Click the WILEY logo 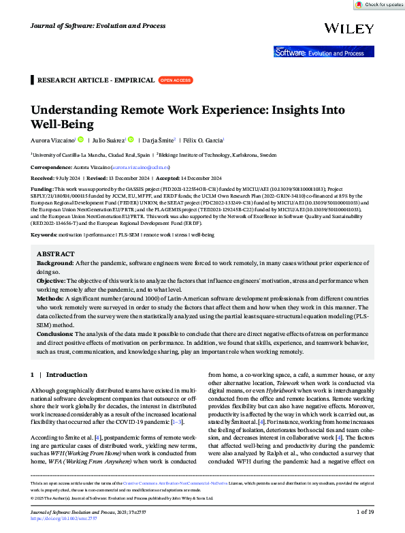[349, 28]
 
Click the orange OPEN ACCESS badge [175, 80]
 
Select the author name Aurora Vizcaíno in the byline [54, 140]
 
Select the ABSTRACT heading [56, 254]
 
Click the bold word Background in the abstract [55, 262]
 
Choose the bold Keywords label [44, 234]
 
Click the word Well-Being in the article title [63, 124]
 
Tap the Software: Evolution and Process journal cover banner [323, 52]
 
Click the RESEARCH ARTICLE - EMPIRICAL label [95, 80]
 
